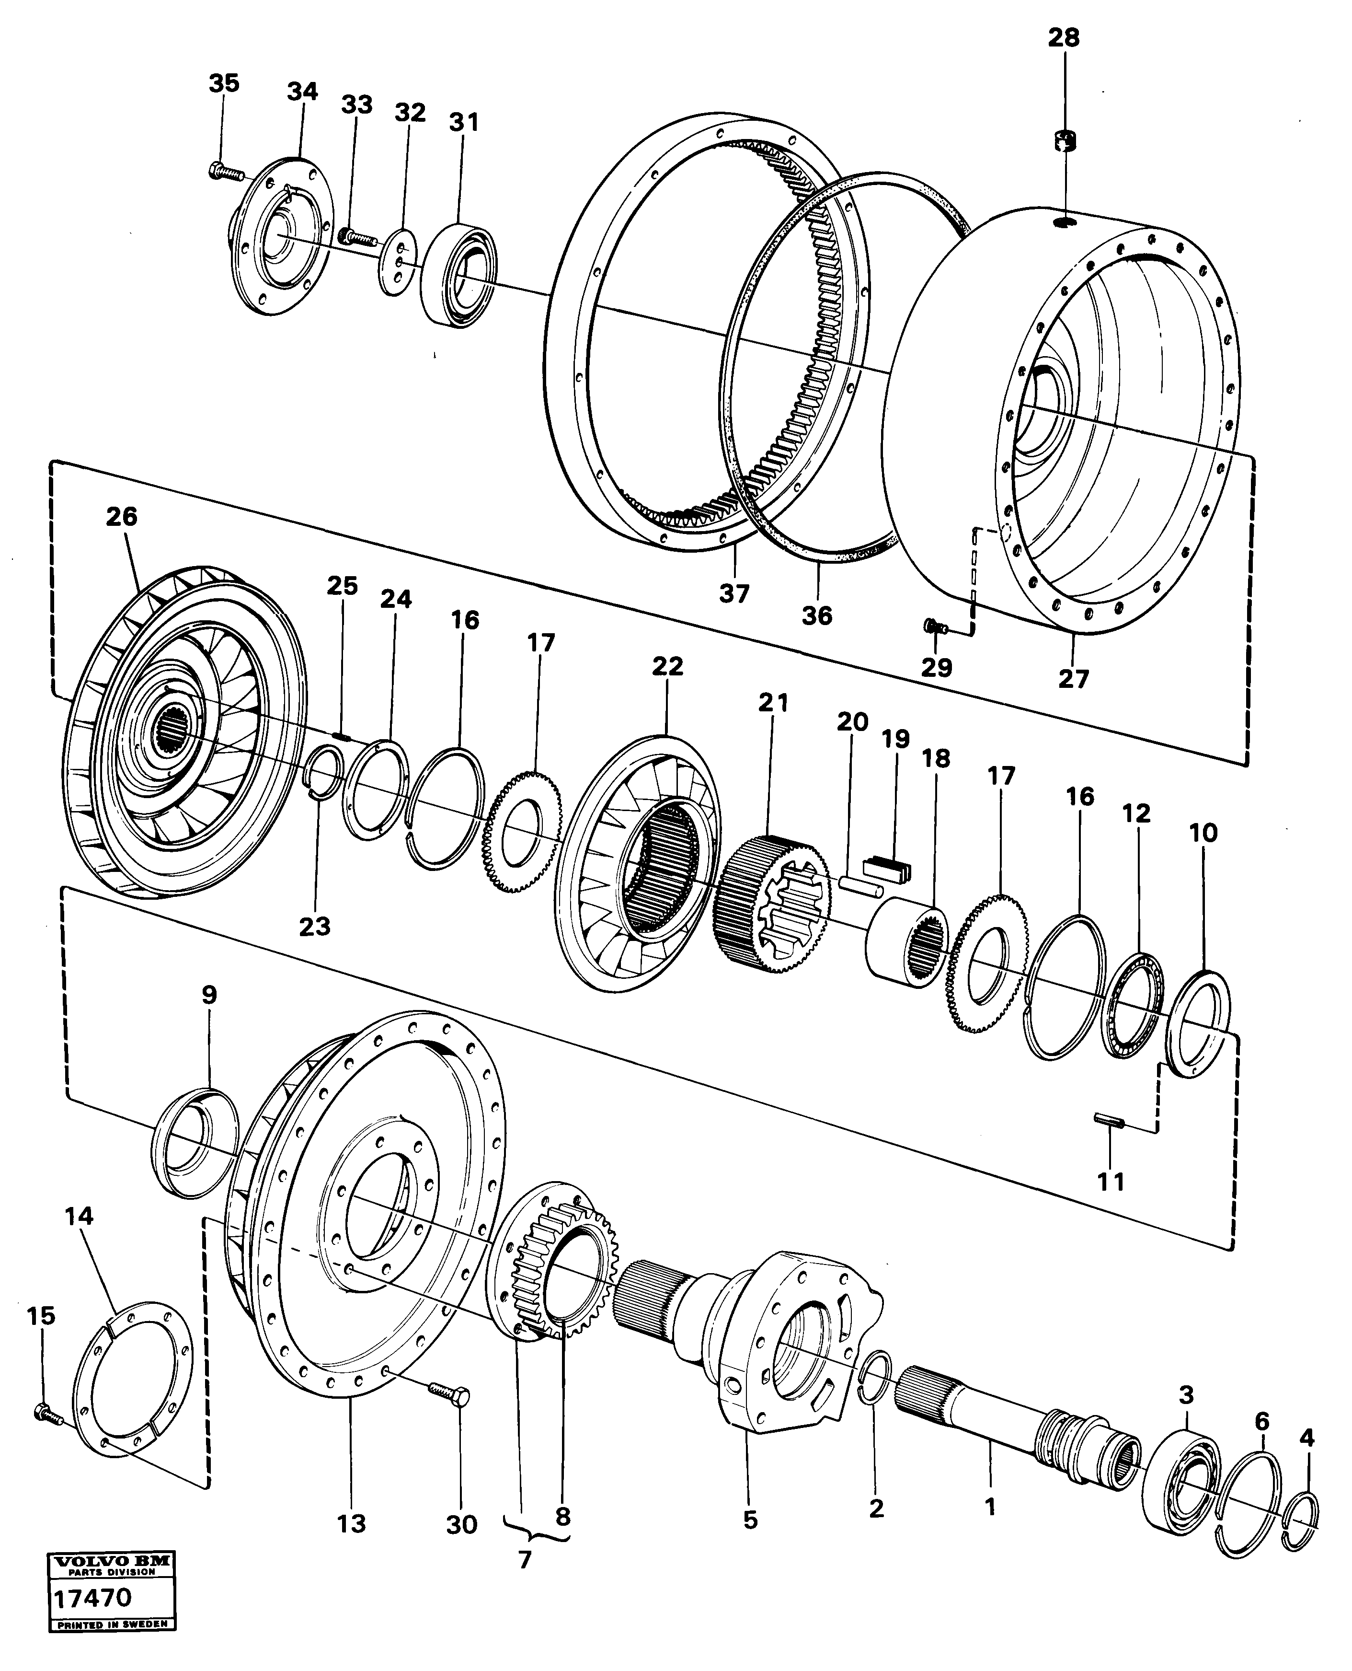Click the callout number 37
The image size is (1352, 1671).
[x=733, y=593]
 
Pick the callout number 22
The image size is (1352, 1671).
[x=667, y=666]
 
